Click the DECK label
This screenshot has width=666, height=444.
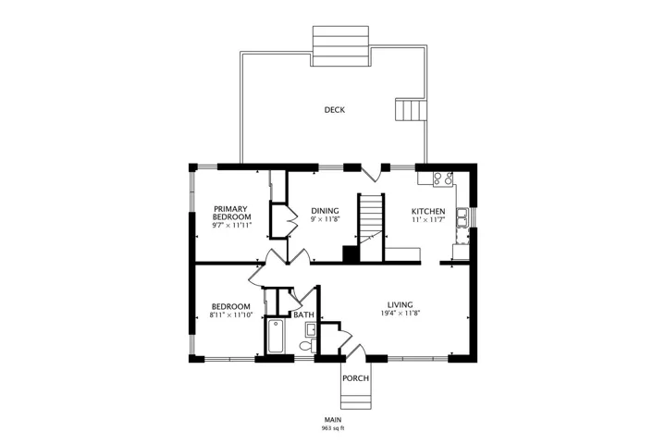(x=334, y=110)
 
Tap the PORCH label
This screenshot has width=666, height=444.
(x=355, y=378)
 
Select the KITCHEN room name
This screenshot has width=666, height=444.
(x=428, y=211)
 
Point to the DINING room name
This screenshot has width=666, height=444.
(x=325, y=211)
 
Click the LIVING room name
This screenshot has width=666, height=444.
(x=401, y=304)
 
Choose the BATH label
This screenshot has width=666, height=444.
(x=304, y=314)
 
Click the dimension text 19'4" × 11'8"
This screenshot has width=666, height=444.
(x=401, y=314)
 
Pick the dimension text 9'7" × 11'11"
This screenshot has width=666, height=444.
(x=232, y=225)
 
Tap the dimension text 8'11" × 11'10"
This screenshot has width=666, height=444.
(x=231, y=314)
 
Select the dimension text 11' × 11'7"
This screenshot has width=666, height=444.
(x=428, y=220)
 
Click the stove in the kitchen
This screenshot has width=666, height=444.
(x=442, y=179)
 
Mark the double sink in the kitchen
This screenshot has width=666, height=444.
(x=462, y=217)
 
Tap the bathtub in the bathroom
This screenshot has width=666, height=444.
(x=276, y=337)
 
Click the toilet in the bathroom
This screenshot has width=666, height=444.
(x=308, y=345)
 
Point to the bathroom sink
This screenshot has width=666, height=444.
(x=311, y=329)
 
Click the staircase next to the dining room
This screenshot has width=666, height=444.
(x=372, y=228)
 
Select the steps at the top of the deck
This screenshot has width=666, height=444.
(x=340, y=46)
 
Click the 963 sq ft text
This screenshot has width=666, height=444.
(x=333, y=428)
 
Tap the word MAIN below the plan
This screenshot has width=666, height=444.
(x=333, y=420)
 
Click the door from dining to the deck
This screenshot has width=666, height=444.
(x=371, y=173)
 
